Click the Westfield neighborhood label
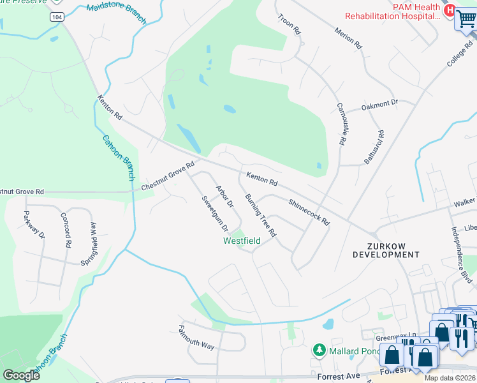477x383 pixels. [x=242, y=241]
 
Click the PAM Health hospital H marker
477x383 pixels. [x=449, y=11]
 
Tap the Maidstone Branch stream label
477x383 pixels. [x=117, y=12]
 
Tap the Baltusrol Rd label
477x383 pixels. [x=375, y=147]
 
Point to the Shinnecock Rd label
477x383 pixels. [x=309, y=213]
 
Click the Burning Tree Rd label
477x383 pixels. [x=261, y=214]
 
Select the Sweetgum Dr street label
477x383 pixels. [x=215, y=214]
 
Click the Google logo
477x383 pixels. [x=21, y=375]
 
